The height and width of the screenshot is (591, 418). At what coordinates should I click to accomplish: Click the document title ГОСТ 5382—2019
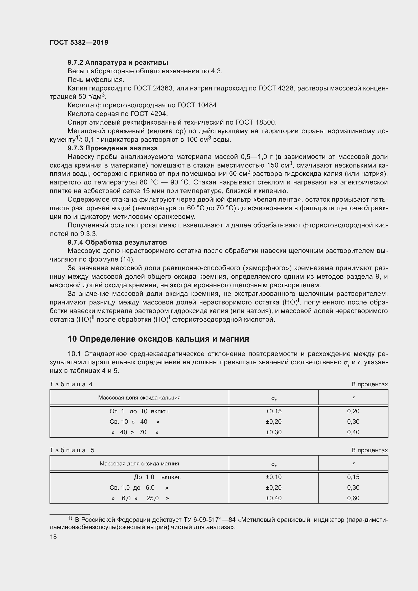pos(79,42)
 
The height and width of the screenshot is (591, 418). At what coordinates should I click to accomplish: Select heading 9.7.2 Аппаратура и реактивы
pos(118,63)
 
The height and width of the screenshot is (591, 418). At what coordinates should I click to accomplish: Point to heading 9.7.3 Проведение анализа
pos(112,148)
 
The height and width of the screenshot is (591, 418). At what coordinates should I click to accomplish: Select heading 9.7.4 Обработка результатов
pos(117,243)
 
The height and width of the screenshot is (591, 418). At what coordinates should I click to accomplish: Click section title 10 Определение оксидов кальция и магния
pos(158,339)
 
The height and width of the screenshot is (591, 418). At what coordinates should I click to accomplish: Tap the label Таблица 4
pos(71,384)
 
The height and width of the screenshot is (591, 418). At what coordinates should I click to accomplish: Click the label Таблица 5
pos(72,450)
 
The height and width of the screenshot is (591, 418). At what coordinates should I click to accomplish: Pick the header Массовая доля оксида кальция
pos(139,398)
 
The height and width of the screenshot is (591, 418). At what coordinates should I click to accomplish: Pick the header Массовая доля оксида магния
pos(139,464)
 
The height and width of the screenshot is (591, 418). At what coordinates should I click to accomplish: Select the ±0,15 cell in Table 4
pos(274,411)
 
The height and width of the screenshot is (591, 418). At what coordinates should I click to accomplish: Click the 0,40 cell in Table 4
pos(353,432)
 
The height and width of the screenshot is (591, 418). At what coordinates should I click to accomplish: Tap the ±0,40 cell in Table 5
pos(274,498)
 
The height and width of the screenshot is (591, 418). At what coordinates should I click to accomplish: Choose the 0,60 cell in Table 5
pos(353,498)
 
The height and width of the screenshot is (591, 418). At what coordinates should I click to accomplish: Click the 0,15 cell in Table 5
pos(353,477)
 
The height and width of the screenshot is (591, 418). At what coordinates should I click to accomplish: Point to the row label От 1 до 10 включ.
pos(140,411)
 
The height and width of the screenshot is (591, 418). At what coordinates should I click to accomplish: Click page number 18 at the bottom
pos(53,537)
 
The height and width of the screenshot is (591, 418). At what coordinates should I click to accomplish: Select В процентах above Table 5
pos(369,450)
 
